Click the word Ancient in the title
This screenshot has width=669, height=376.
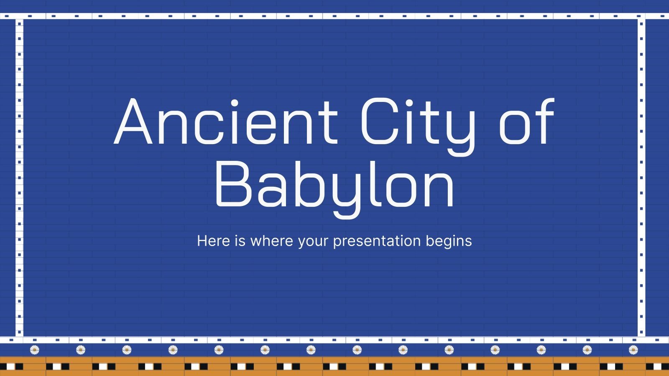click(226, 122)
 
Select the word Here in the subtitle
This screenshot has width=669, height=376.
click(213, 241)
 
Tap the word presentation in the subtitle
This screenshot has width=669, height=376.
click(376, 241)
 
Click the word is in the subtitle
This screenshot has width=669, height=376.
click(240, 241)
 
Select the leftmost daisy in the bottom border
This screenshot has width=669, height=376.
click(35, 350)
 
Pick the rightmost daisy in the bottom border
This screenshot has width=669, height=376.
click(633, 350)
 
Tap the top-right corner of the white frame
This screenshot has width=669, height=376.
click(641, 16)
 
